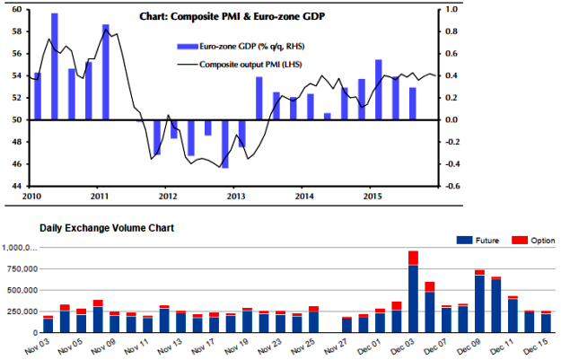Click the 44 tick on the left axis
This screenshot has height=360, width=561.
[18, 185]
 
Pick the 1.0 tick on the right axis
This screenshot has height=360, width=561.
[452, 9]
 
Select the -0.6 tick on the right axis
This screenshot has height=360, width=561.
[454, 185]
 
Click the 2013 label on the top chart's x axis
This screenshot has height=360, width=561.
[236, 195]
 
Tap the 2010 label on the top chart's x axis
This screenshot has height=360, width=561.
[32, 195]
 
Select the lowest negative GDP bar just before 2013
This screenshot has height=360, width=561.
[224, 144]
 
